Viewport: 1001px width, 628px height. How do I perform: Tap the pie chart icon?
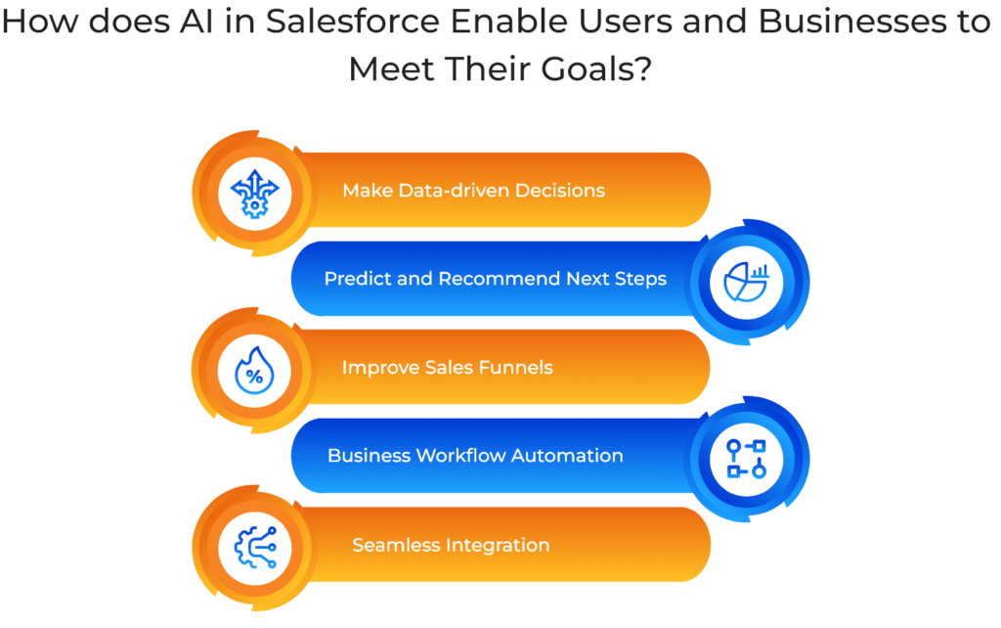747,279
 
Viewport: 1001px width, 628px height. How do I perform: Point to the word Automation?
575,455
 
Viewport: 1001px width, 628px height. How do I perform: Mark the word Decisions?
558,190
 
